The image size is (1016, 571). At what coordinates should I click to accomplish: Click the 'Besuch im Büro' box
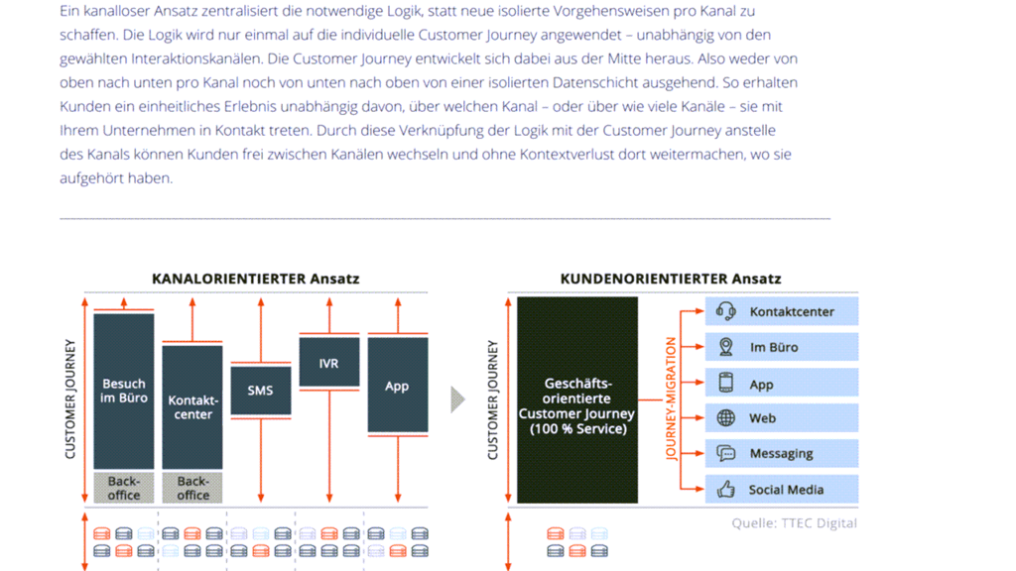(124, 391)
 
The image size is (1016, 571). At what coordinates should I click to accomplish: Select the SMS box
(260, 391)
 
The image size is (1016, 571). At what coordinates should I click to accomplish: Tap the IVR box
(328, 363)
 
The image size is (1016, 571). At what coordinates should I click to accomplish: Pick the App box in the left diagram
(397, 386)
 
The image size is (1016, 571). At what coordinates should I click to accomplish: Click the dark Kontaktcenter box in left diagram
(192, 406)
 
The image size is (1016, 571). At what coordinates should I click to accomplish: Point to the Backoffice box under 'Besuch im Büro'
(124, 488)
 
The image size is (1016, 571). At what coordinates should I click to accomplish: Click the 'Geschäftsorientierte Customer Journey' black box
(577, 400)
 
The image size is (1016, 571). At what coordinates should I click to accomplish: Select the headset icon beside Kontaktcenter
(726, 311)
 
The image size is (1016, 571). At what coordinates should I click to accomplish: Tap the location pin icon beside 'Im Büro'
(726, 347)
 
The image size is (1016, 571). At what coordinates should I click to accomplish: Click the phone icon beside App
(726, 383)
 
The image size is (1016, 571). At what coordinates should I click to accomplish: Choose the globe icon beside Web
(726, 418)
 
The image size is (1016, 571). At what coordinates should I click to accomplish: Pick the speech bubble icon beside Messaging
(726, 454)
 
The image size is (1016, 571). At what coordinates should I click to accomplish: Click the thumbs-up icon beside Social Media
(726, 489)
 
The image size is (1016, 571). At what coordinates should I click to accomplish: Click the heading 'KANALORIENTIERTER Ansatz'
(256, 279)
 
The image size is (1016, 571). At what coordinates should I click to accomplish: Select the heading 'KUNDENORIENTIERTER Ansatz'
(671, 279)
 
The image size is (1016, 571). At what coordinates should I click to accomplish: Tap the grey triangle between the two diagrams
(457, 400)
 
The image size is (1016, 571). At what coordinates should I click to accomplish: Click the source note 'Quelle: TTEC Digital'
(794, 522)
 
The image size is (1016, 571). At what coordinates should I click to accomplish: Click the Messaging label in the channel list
(781, 454)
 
